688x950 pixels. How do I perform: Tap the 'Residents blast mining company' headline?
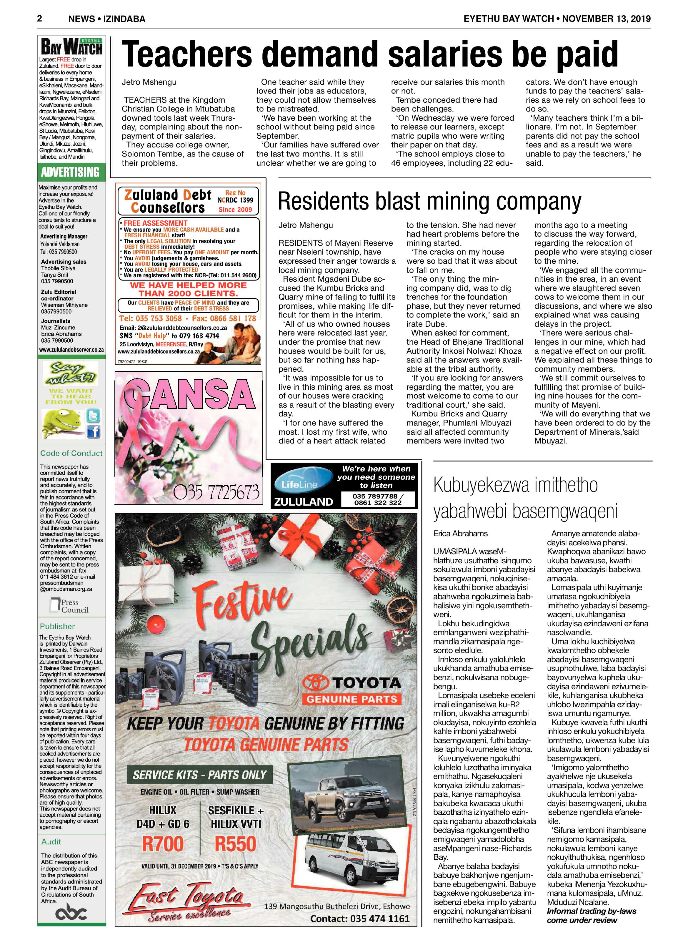click(429, 202)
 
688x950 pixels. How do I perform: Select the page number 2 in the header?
click(40, 19)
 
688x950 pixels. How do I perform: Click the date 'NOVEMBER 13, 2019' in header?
click(606, 19)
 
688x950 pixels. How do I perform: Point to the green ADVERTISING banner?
click(70, 172)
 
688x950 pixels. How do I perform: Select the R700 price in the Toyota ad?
click(163, 843)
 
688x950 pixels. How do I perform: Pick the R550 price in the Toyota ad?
click(235, 843)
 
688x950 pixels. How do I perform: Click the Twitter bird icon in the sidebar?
click(93, 416)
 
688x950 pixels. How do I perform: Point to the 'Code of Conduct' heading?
click(71, 453)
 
